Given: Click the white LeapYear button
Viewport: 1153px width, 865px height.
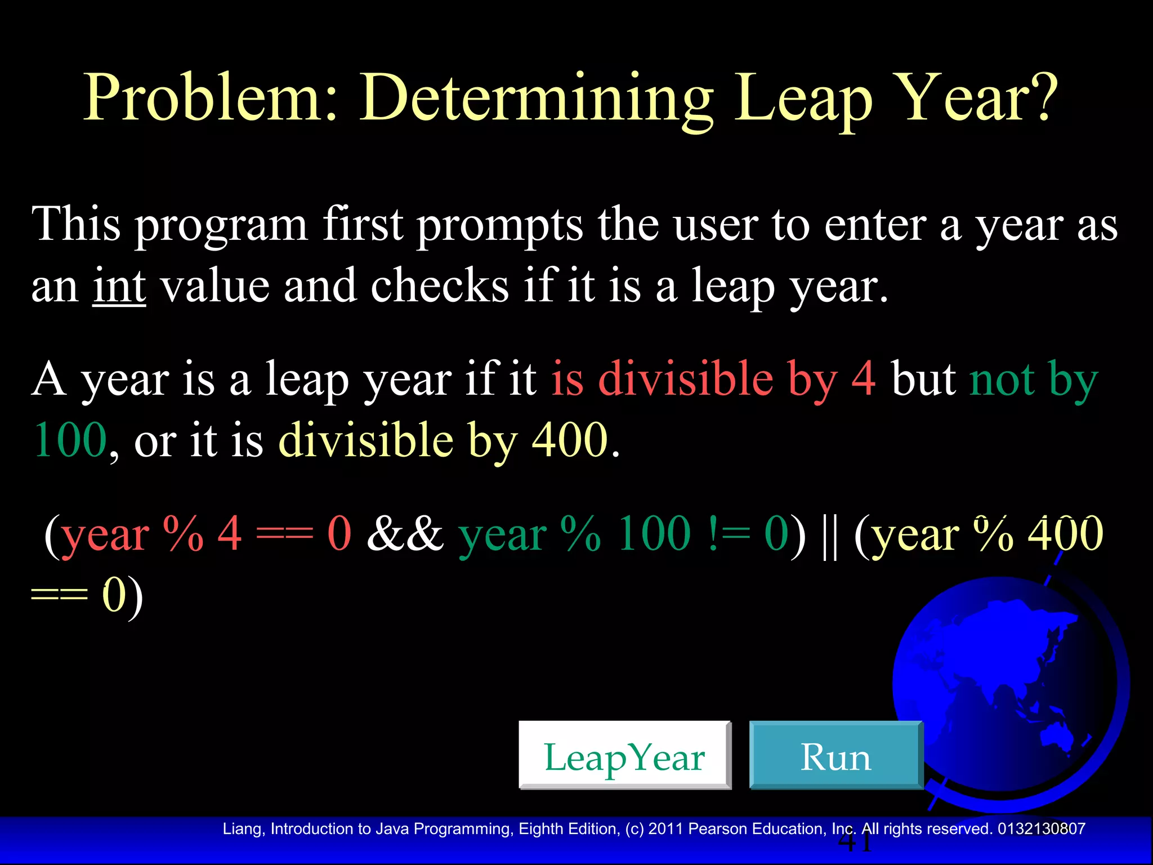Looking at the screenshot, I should click(x=624, y=755).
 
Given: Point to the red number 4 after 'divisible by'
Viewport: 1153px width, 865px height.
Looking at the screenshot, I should click(x=863, y=378).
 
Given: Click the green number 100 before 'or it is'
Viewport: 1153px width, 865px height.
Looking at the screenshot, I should click(x=70, y=440).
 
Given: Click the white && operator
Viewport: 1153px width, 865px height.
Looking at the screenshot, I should click(x=405, y=533).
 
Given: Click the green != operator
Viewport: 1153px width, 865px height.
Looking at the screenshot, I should click(x=729, y=533).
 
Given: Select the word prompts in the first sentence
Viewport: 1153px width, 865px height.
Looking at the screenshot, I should click(x=499, y=225).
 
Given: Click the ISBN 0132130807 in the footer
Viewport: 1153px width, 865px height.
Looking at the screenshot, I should click(x=1041, y=828).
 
